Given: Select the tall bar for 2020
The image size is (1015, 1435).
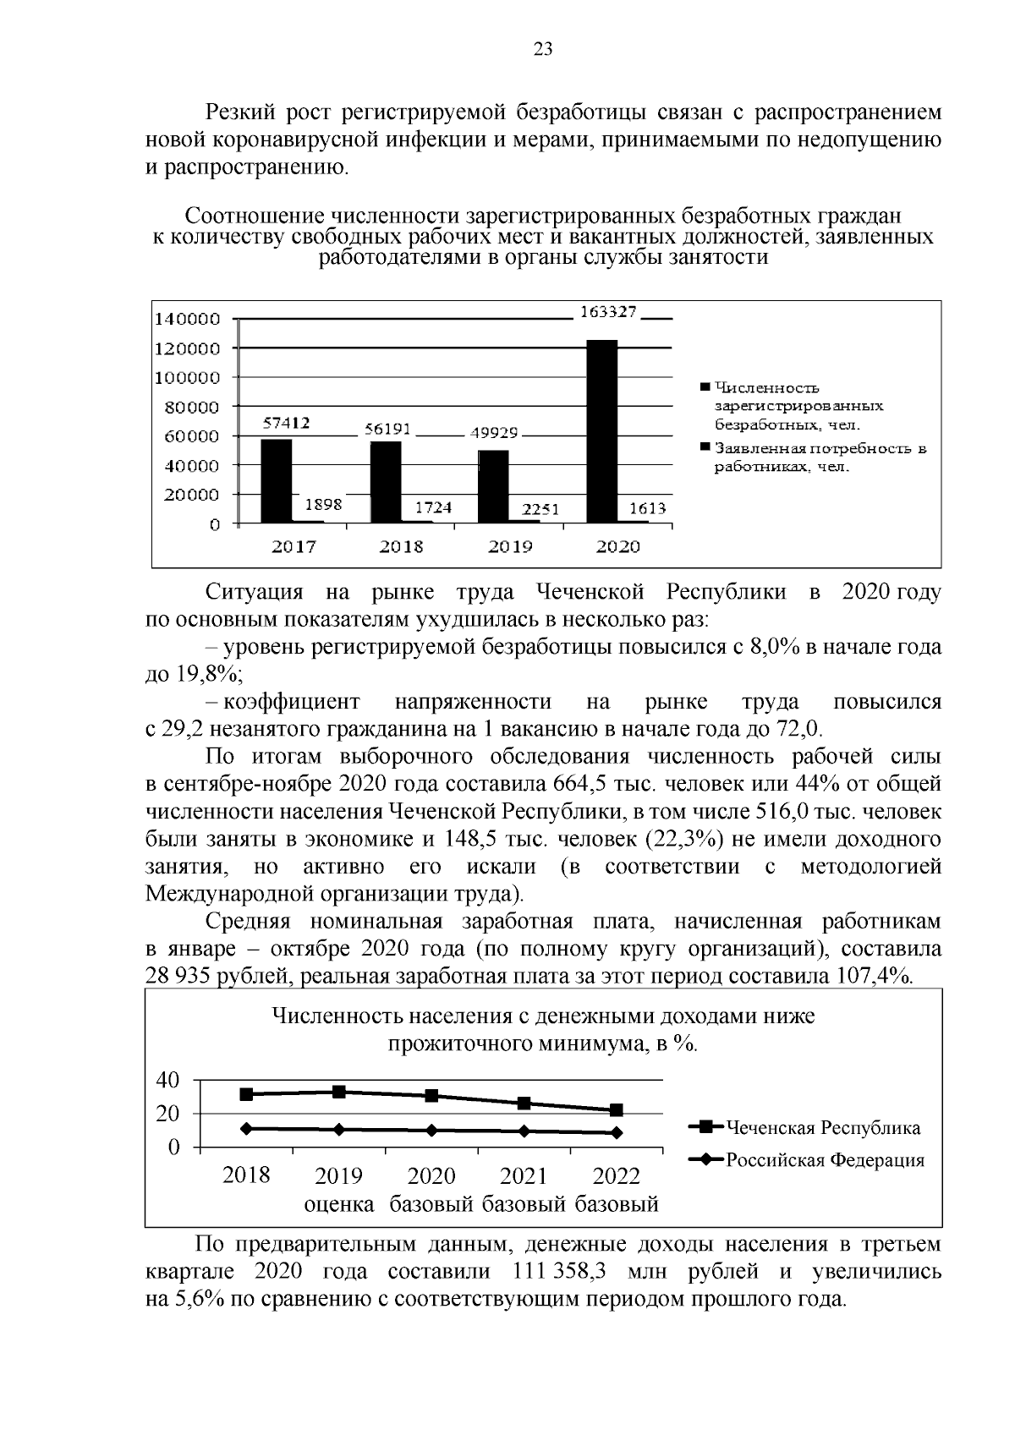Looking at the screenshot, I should point(602,431).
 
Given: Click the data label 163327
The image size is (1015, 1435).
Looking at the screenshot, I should point(607,312).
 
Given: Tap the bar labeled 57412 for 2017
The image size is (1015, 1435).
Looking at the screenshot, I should point(276,480).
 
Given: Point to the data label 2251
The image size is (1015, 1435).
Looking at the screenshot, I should point(540,509).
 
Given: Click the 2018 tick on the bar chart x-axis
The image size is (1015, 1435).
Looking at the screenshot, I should point(401,547).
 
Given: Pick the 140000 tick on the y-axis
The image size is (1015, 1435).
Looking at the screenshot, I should point(185,319).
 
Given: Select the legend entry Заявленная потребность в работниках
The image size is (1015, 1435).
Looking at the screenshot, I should point(812,457).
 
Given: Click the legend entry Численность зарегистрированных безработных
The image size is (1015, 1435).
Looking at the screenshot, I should point(795,407).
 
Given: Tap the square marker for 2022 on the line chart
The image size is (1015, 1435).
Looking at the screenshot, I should point(616,1110).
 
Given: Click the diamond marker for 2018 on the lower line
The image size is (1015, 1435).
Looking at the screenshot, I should point(246,1128).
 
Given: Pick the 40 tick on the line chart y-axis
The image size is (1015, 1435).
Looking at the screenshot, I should point(168,1081).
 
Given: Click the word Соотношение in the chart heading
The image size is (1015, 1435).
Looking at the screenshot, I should point(255,216).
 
